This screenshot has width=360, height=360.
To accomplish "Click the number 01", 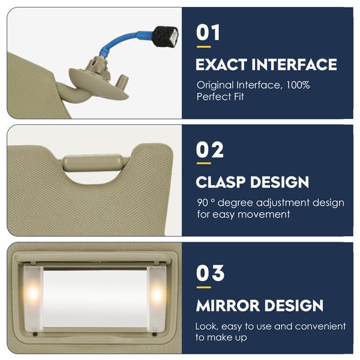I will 208,33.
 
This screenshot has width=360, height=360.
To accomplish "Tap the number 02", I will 209,151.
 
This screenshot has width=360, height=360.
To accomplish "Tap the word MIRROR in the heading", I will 226,305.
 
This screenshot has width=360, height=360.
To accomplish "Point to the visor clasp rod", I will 96,161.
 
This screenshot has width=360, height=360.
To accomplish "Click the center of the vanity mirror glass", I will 95,296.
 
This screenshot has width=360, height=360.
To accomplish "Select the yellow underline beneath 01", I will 203,46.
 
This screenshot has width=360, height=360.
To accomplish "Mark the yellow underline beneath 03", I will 203,286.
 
